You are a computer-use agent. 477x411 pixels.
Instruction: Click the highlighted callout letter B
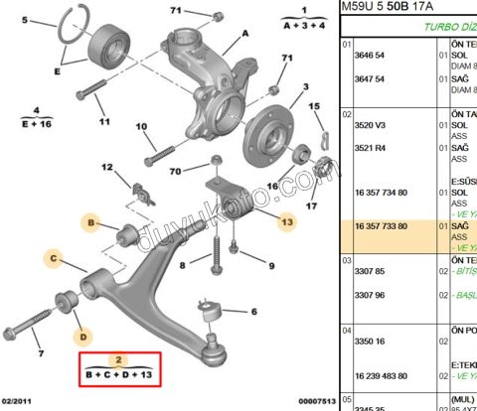coord(91,225)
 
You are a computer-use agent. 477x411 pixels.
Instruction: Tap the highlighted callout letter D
coord(84,336)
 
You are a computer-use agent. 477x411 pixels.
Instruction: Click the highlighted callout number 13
coord(287,221)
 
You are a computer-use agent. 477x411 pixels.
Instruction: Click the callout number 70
coord(174,172)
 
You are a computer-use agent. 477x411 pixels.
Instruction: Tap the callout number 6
coord(254,311)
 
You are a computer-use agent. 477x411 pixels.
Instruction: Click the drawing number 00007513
coord(315,402)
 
